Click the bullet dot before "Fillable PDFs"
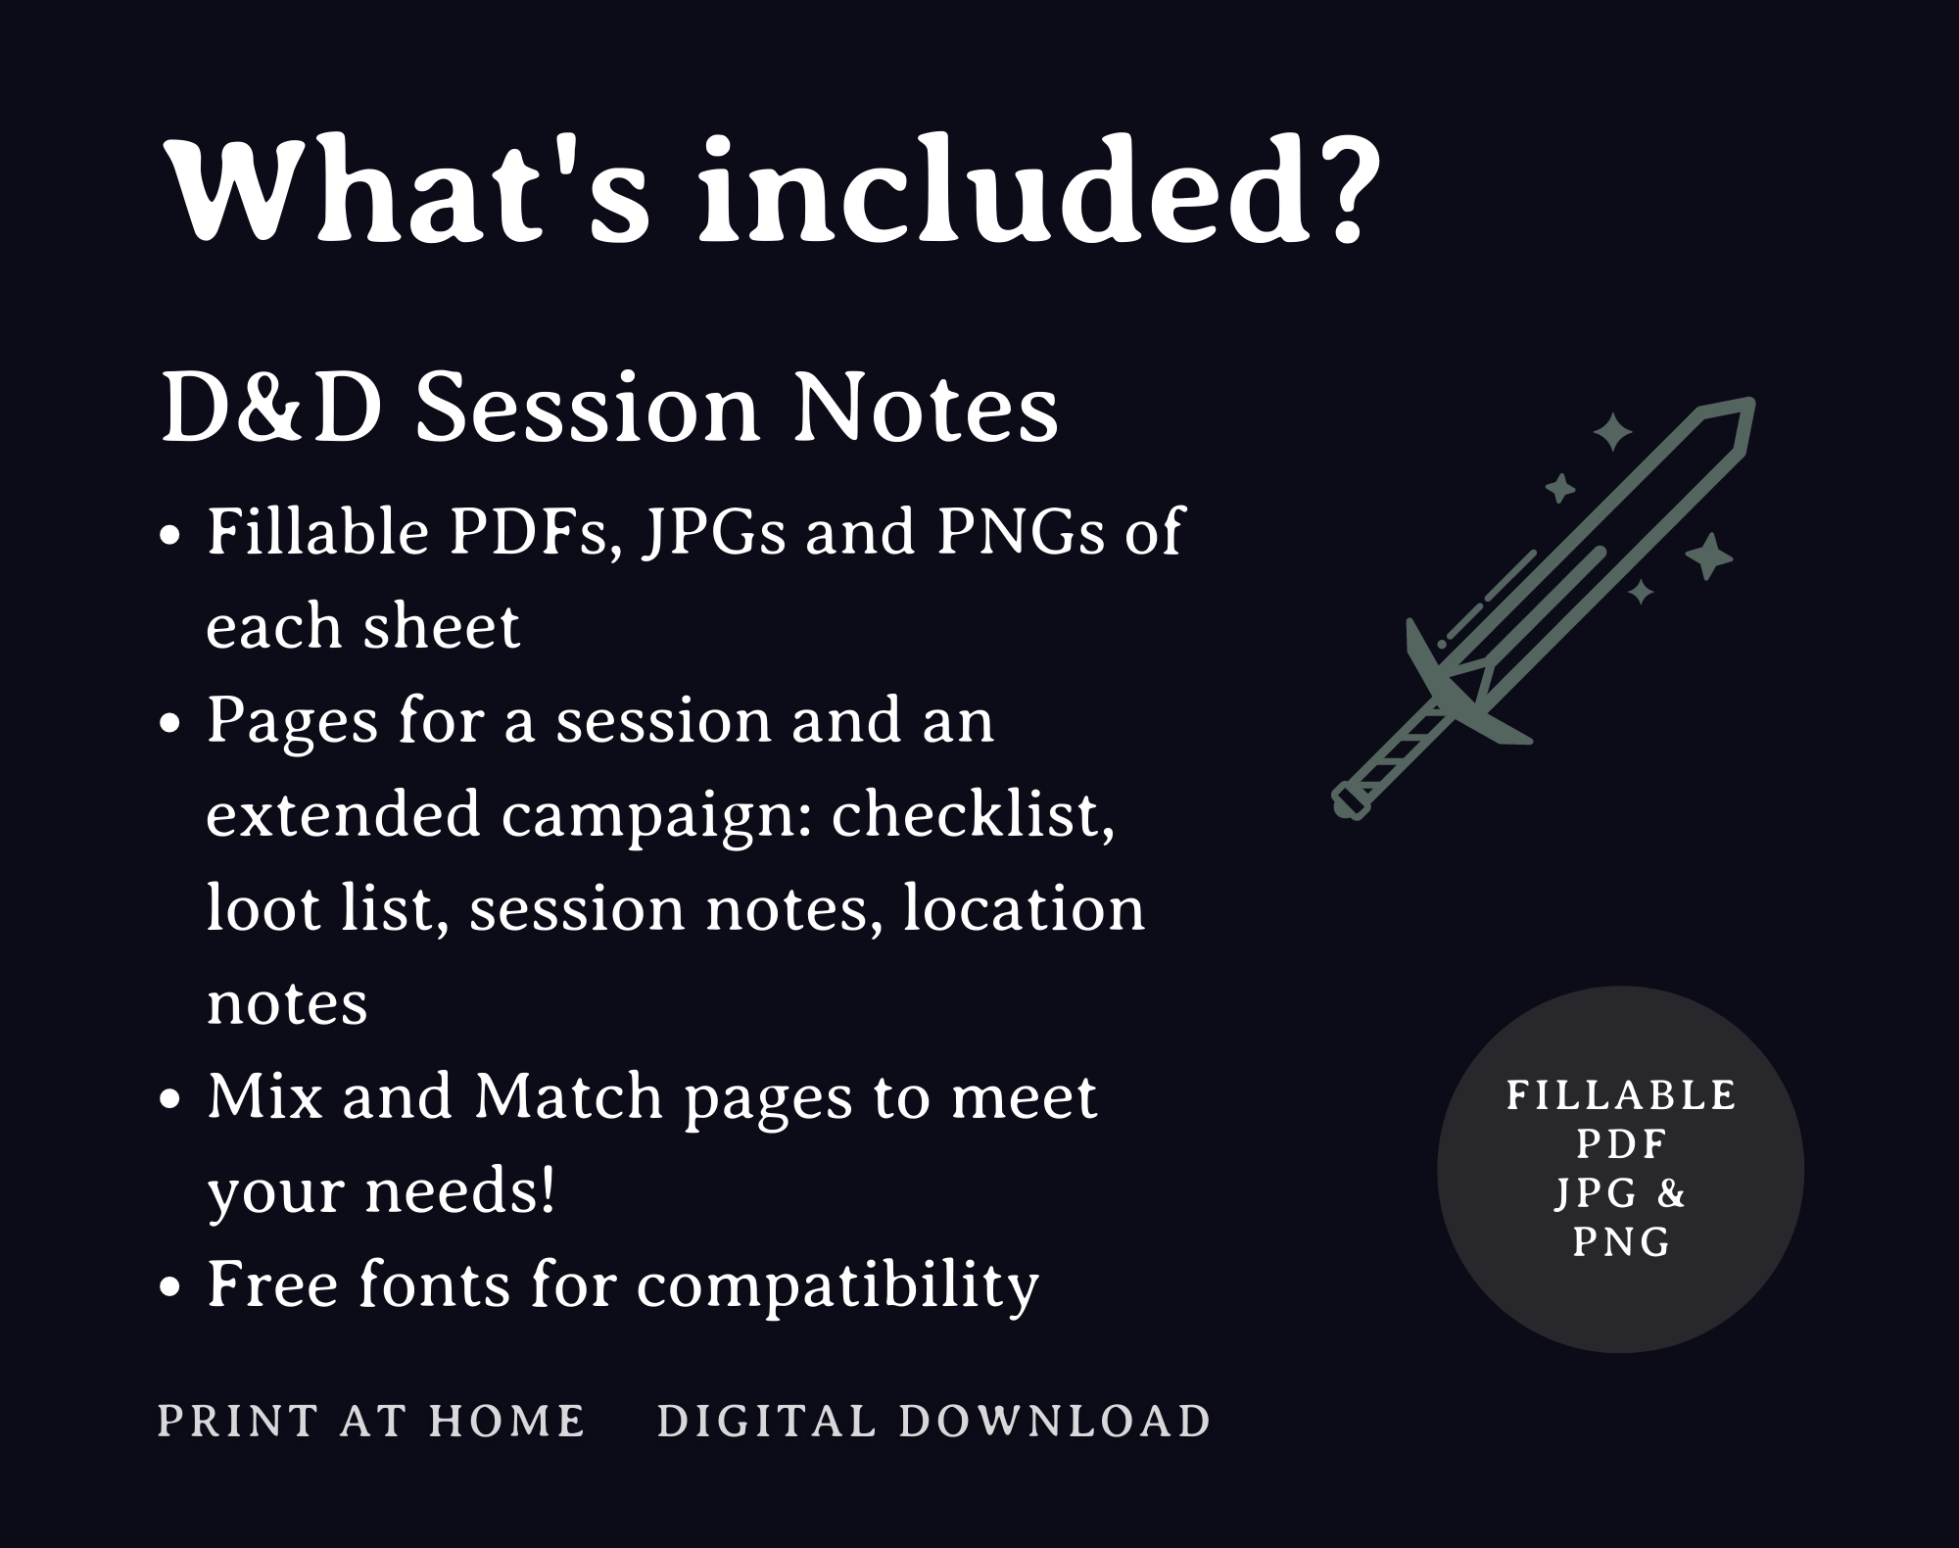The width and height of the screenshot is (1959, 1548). (170, 537)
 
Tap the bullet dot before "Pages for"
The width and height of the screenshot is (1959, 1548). (170, 725)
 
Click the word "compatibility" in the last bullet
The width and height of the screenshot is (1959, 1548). (837, 1285)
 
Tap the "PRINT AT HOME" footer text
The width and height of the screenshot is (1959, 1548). (371, 1422)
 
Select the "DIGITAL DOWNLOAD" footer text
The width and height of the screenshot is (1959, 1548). (934, 1422)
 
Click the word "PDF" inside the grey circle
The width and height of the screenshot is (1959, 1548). (1621, 1144)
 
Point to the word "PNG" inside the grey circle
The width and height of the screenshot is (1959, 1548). (1621, 1242)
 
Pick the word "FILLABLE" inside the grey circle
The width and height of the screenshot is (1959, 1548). (1621, 1095)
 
